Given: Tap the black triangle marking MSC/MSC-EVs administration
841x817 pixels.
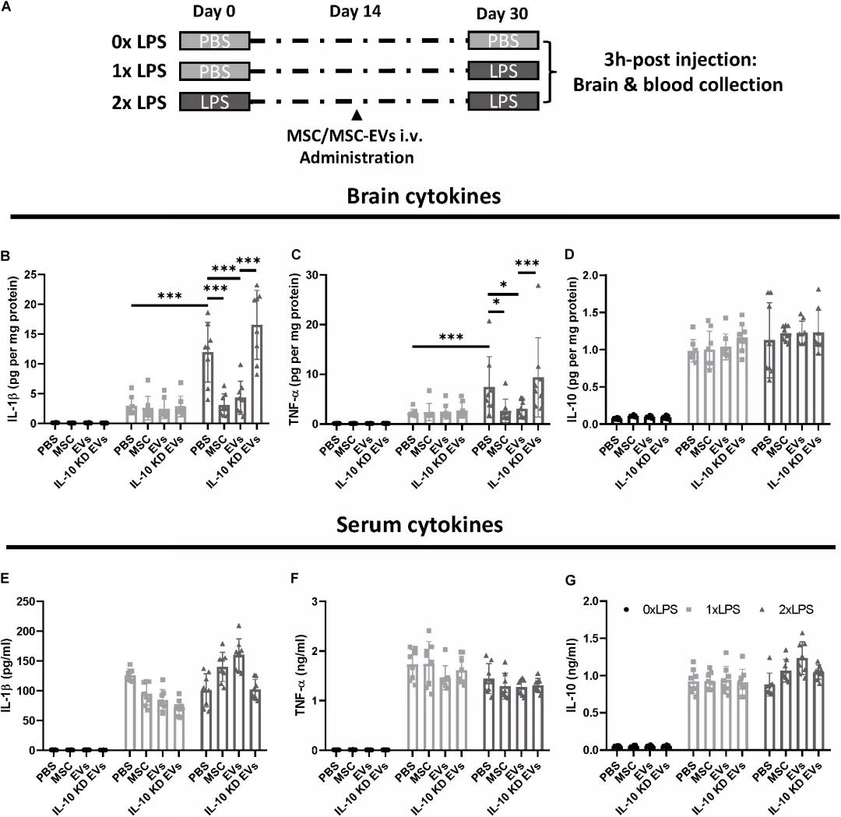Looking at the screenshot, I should click(x=357, y=115).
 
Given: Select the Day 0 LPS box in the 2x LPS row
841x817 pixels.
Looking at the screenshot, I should click(x=214, y=101).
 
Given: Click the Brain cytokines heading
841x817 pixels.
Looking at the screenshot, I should click(x=423, y=196).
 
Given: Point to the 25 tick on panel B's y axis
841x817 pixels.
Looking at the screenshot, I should click(x=34, y=275).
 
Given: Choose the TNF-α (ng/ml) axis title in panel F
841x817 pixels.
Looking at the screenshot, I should click(x=318, y=675).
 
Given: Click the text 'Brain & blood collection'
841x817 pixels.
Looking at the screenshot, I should click(x=677, y=83).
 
